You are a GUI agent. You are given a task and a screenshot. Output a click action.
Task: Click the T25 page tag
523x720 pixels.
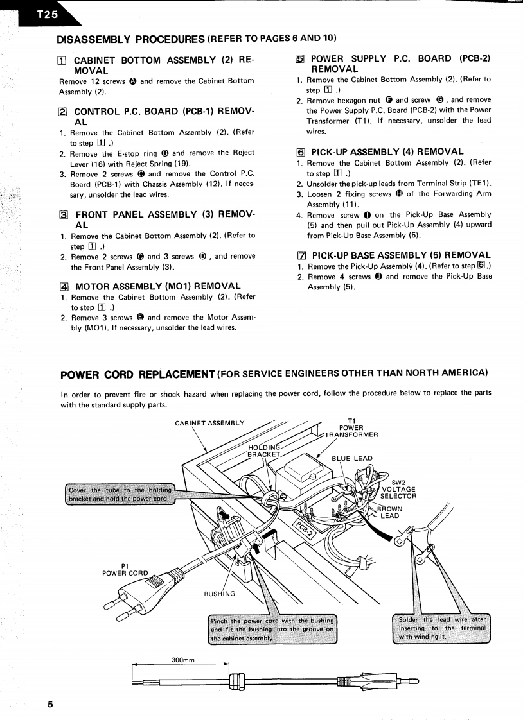click(x=41, y=15)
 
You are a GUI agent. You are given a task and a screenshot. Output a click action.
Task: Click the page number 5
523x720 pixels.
click(x=50, y=704)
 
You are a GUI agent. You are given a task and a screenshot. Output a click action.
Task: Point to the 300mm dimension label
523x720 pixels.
click(x=184, y=659)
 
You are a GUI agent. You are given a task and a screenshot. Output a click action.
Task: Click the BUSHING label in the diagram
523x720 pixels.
click(x=219, y=594)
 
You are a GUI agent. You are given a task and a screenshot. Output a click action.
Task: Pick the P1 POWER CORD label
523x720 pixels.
click(x=125, y=569)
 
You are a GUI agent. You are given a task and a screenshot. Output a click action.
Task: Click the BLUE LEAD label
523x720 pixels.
click(x=352, y=458)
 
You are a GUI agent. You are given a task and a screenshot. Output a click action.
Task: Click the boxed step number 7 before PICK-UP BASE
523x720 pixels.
click(x=300, y=255)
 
